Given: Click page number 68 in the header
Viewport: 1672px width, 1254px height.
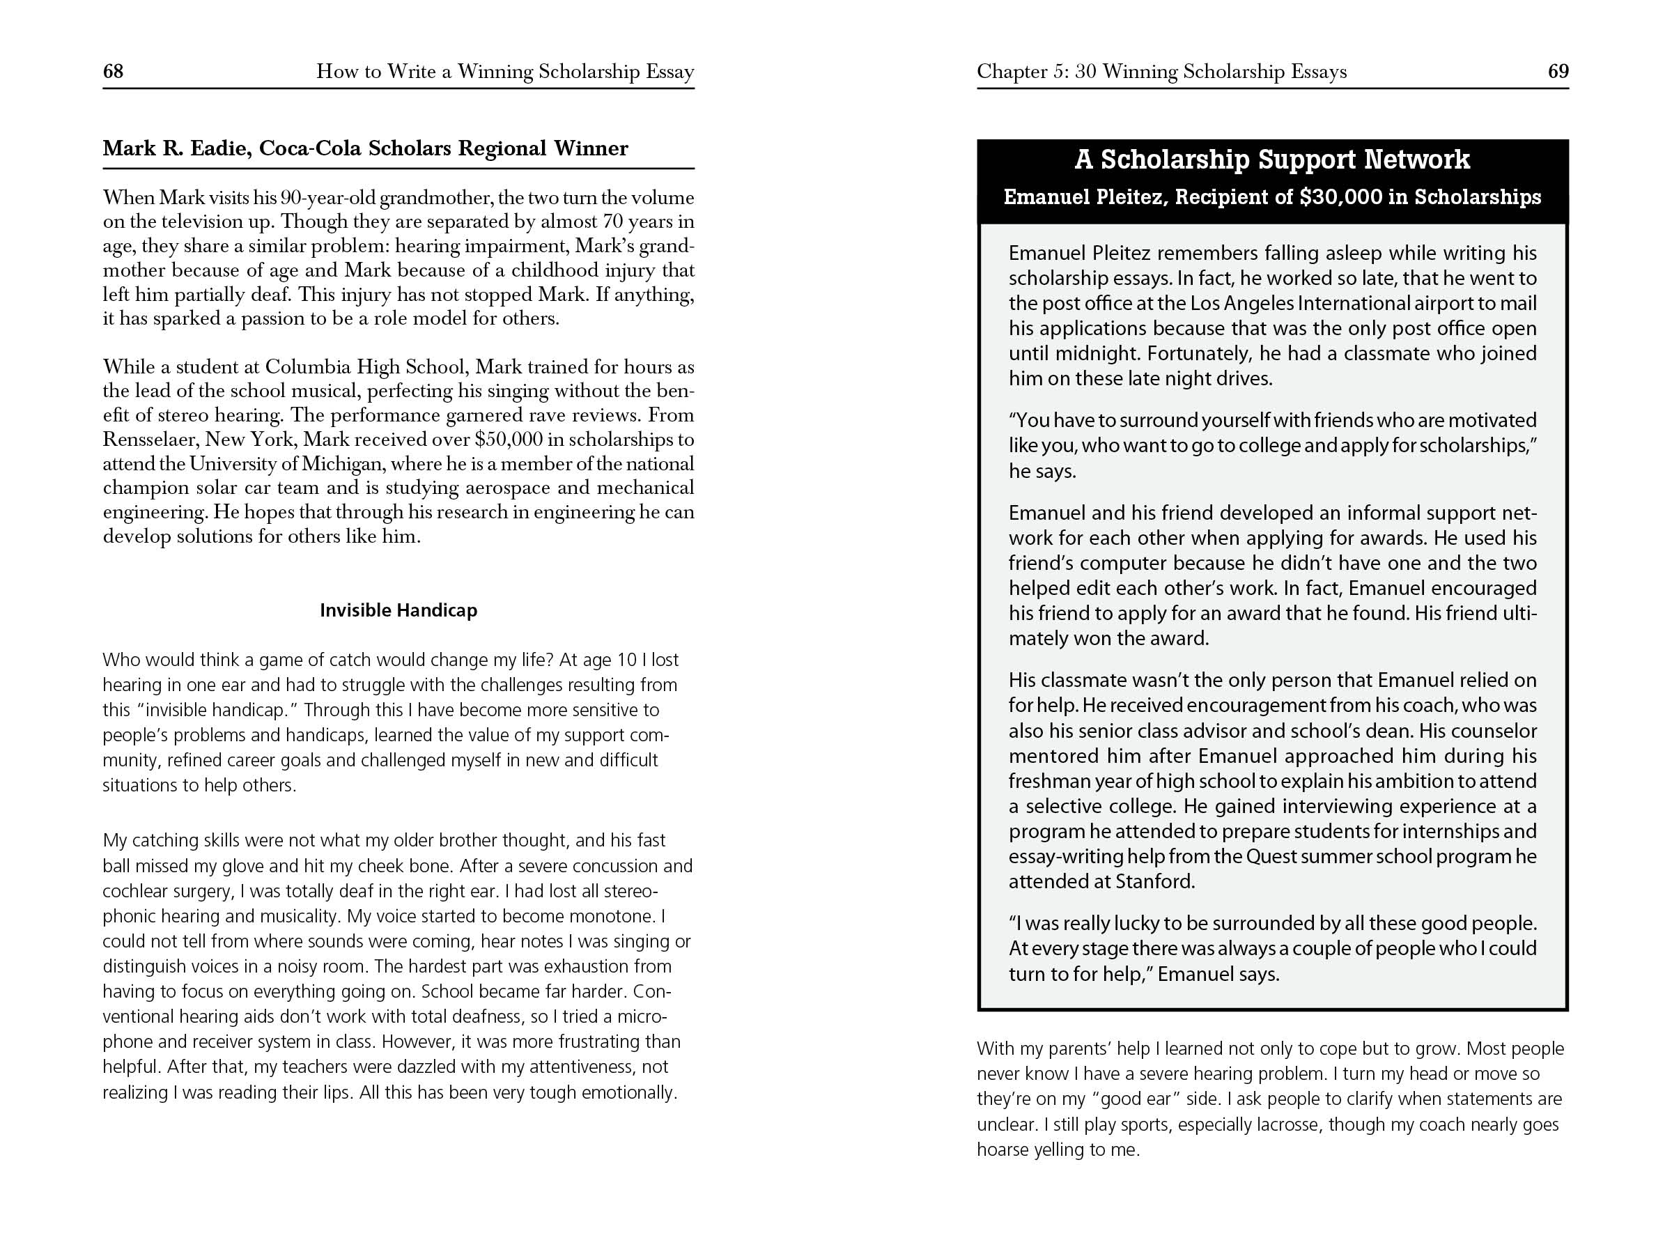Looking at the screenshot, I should [x=113, y=71].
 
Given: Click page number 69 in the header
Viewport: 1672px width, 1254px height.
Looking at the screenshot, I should [x=1558, y=71].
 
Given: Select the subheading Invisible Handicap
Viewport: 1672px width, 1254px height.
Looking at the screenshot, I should [x=398, y=610].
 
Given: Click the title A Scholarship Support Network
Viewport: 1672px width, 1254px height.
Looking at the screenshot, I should [x=1272, y=160].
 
